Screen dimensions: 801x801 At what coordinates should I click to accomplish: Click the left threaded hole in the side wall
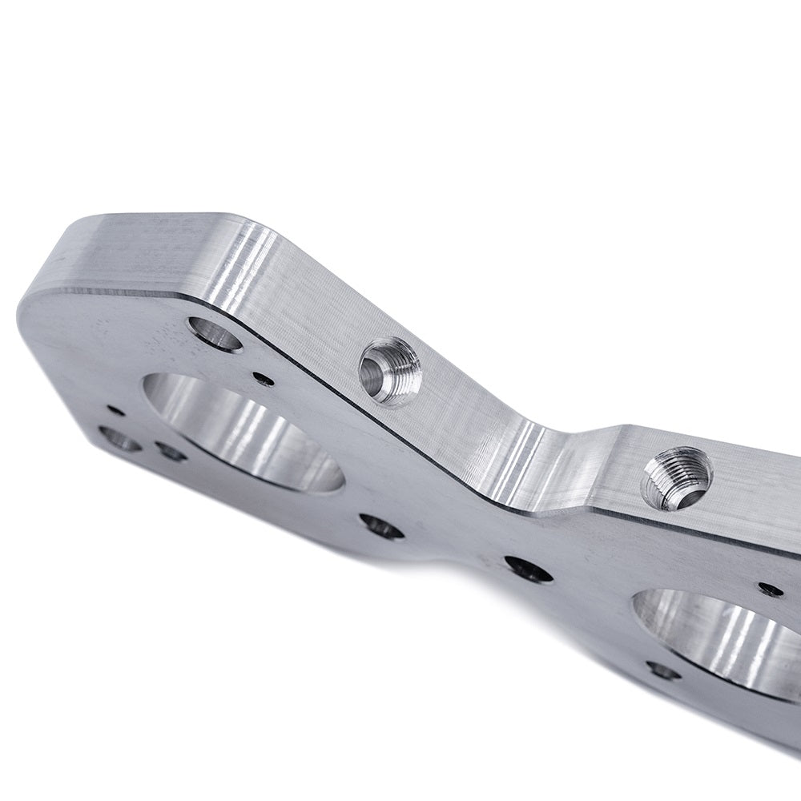[389, 371]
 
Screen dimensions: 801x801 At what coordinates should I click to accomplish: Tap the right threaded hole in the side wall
[676, 478]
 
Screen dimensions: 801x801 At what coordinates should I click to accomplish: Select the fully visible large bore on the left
[244, 433]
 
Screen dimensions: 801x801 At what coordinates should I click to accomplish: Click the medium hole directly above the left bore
[215, 334]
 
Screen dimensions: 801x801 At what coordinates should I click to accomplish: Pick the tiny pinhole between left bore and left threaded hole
[263, 379]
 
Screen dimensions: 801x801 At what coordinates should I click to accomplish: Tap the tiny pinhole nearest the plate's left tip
[116, 410]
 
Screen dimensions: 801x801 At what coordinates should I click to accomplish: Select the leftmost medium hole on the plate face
[119, 438]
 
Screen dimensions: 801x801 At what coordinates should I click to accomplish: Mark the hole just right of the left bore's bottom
[381, 526]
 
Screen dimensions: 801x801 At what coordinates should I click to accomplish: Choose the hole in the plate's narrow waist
[528, 570]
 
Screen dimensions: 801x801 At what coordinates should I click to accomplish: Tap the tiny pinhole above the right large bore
[771, 590]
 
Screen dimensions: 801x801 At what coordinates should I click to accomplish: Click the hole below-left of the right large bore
[663, 670]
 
